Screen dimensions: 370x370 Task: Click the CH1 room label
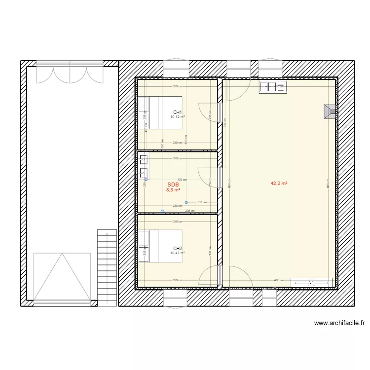click(x=178, y=112)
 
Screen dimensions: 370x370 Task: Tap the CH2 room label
click(x=178, y=248)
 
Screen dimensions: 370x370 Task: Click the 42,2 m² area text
click(x=279, y=183)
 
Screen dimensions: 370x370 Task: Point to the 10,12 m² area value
click(x=177, y=117)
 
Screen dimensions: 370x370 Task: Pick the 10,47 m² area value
click(x=177, y=253)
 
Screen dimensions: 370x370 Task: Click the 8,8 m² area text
click(x=173, y=189)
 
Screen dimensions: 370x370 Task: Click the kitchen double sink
click(x=273, y=87)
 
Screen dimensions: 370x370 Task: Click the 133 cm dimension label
click(x=202, y=202)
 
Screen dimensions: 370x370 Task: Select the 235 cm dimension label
click(x=190, y=211)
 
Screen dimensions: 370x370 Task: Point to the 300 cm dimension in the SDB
click(x=183, y=180)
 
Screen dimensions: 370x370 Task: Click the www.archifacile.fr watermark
click(x=339, y=324)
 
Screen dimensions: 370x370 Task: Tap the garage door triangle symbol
click(x=62, y=276)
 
